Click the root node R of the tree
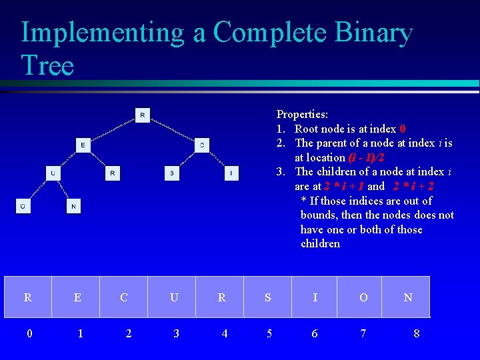(143, 115)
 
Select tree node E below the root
(83, 145)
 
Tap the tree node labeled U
(53, 173)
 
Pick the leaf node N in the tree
(73, 207)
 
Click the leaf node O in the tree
(23, 207)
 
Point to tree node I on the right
(231, 173)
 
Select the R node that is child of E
(113, 173)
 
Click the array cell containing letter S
(267, 297)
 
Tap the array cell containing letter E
(77, 297)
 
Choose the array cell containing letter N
(407, 297)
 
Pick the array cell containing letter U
(173, 297)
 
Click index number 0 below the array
(29, 333)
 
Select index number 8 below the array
(417, 333)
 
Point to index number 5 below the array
(269, 333)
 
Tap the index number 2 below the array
(129, 333)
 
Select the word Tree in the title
(47, 65)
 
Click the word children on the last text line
(320, 243)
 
